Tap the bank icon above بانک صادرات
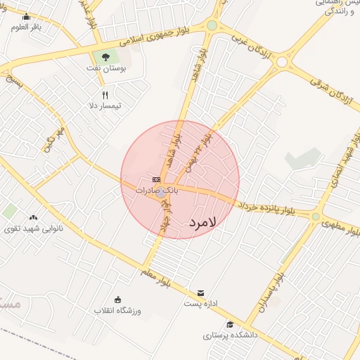(x=155, y=180)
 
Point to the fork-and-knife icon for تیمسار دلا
(x=105, y=95)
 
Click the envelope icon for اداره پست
(x=202, y=292)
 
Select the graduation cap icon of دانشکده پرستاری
(x=230, y=324)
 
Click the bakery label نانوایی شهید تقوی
(x=33, y=229)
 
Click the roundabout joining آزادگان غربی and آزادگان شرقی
(x=282, y=62)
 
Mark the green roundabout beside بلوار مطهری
(x=316, y=217)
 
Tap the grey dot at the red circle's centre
(x=162, y=192)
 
